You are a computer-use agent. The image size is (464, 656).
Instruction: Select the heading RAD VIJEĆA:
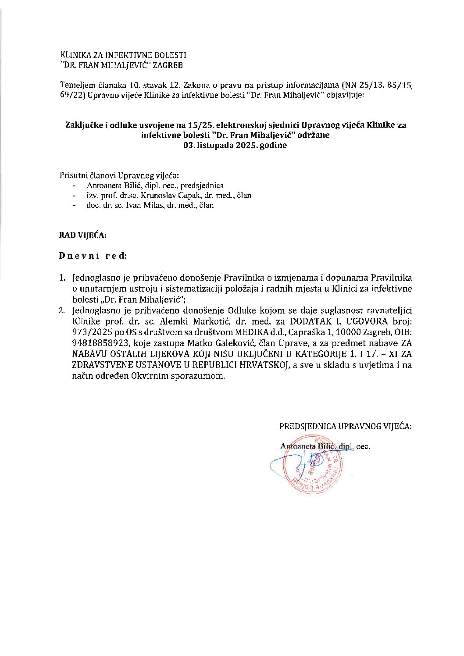click(83, 235)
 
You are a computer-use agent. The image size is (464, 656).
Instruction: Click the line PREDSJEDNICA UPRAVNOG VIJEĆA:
click(345, 426)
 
